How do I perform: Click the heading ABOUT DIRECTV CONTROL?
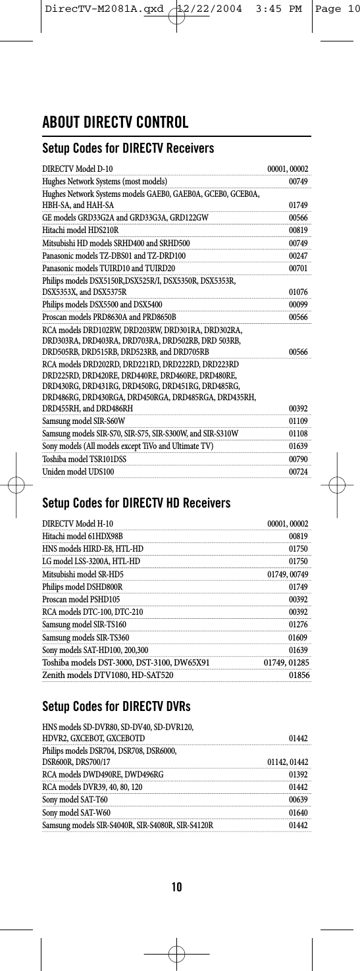[116, 123]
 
